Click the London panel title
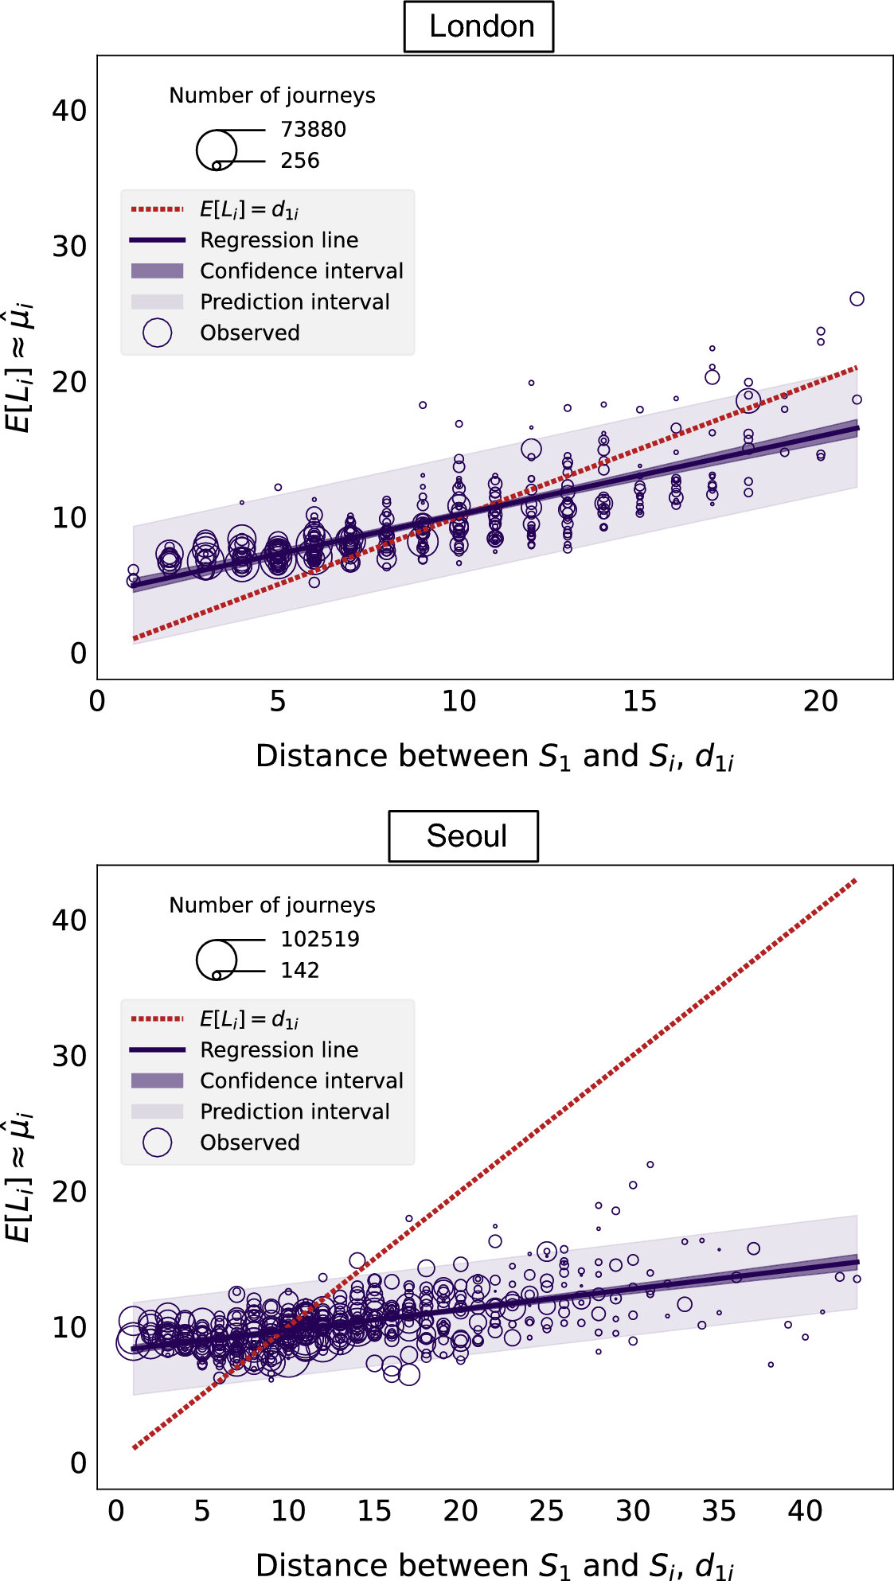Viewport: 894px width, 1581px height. point(479,27)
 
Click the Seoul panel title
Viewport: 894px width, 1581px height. point(466,836)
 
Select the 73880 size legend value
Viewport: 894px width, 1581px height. point(313,130)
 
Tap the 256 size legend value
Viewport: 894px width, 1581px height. point(299,161)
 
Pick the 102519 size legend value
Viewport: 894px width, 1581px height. point(319,939)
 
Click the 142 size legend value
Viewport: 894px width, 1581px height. point(299,970)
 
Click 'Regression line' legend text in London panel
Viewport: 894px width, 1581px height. point(279,240)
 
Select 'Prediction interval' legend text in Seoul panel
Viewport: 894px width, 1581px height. point(295,1112)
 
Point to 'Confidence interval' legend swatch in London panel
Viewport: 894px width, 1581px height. point(157,271)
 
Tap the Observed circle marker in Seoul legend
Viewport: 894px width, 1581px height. point(157,1142)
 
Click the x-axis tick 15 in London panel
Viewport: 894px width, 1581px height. point(639,702)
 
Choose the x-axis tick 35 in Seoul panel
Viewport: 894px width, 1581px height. point(718,1511)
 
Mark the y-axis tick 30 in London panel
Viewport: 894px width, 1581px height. point(69,247)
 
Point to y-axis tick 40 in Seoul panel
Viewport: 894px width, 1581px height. point(69,921)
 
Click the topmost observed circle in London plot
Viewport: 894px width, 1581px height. point(857,299)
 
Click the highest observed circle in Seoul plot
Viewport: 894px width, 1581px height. point(650,1164)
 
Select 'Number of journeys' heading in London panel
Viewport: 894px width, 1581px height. point(271,95)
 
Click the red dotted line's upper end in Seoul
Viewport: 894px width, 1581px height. point(855,880)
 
